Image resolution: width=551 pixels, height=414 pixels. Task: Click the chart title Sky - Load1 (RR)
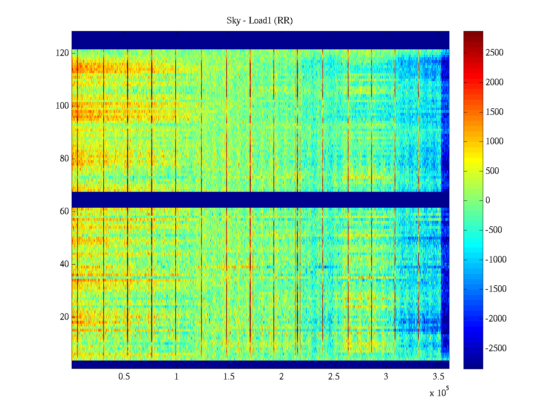260,21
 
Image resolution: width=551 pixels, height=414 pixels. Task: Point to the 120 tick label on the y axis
62,53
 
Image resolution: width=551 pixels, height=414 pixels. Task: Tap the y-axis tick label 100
62,106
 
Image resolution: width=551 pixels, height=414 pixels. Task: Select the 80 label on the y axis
64,159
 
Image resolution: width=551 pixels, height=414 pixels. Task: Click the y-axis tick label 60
64,211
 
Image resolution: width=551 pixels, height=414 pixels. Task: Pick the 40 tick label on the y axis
64,264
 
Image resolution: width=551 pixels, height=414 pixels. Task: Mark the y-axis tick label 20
64,317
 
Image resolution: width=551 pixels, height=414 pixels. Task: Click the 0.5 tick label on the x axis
124,377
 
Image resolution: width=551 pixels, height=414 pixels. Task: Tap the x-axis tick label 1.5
229,377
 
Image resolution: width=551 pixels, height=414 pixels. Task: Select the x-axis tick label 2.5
334,377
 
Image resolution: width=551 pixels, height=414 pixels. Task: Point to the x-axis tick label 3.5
438,377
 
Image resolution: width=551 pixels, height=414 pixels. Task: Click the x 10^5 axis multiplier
439,393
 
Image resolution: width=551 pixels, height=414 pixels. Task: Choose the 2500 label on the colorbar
495,53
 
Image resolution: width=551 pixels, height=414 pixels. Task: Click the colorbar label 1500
495,112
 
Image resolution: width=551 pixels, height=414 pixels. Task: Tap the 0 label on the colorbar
488,200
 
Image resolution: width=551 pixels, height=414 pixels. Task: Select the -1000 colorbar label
496,260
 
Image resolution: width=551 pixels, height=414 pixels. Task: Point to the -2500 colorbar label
496,348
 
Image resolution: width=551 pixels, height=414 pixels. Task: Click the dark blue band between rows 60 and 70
260,200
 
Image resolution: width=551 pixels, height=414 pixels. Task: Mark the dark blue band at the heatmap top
260,40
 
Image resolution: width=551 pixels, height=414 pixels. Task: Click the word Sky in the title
233,21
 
